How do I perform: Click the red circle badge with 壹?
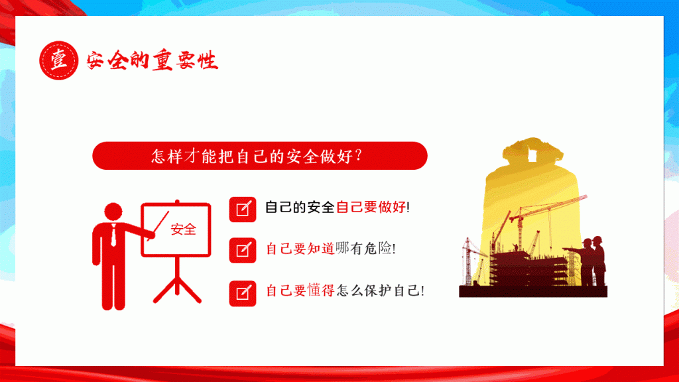click(59, 60)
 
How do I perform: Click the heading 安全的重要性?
click(152, 60)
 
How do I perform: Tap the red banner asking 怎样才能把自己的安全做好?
click(260, 155)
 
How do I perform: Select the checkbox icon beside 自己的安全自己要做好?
click(243, 210)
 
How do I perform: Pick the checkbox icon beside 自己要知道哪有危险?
click(243, 250)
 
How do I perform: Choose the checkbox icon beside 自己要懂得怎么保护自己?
click(243, 293)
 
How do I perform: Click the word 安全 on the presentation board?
click(184, 229)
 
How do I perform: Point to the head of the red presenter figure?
click(113, 212)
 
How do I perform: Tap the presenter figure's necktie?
click(113, 235)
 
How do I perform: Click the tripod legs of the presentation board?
click(177, 286)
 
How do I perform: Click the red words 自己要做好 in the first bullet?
click(371, 207)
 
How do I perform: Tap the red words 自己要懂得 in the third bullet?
click(300, 290)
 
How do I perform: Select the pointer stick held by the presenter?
click(158, 225)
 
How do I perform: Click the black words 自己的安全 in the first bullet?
click(300, 207)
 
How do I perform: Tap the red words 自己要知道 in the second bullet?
click(300, 249)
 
